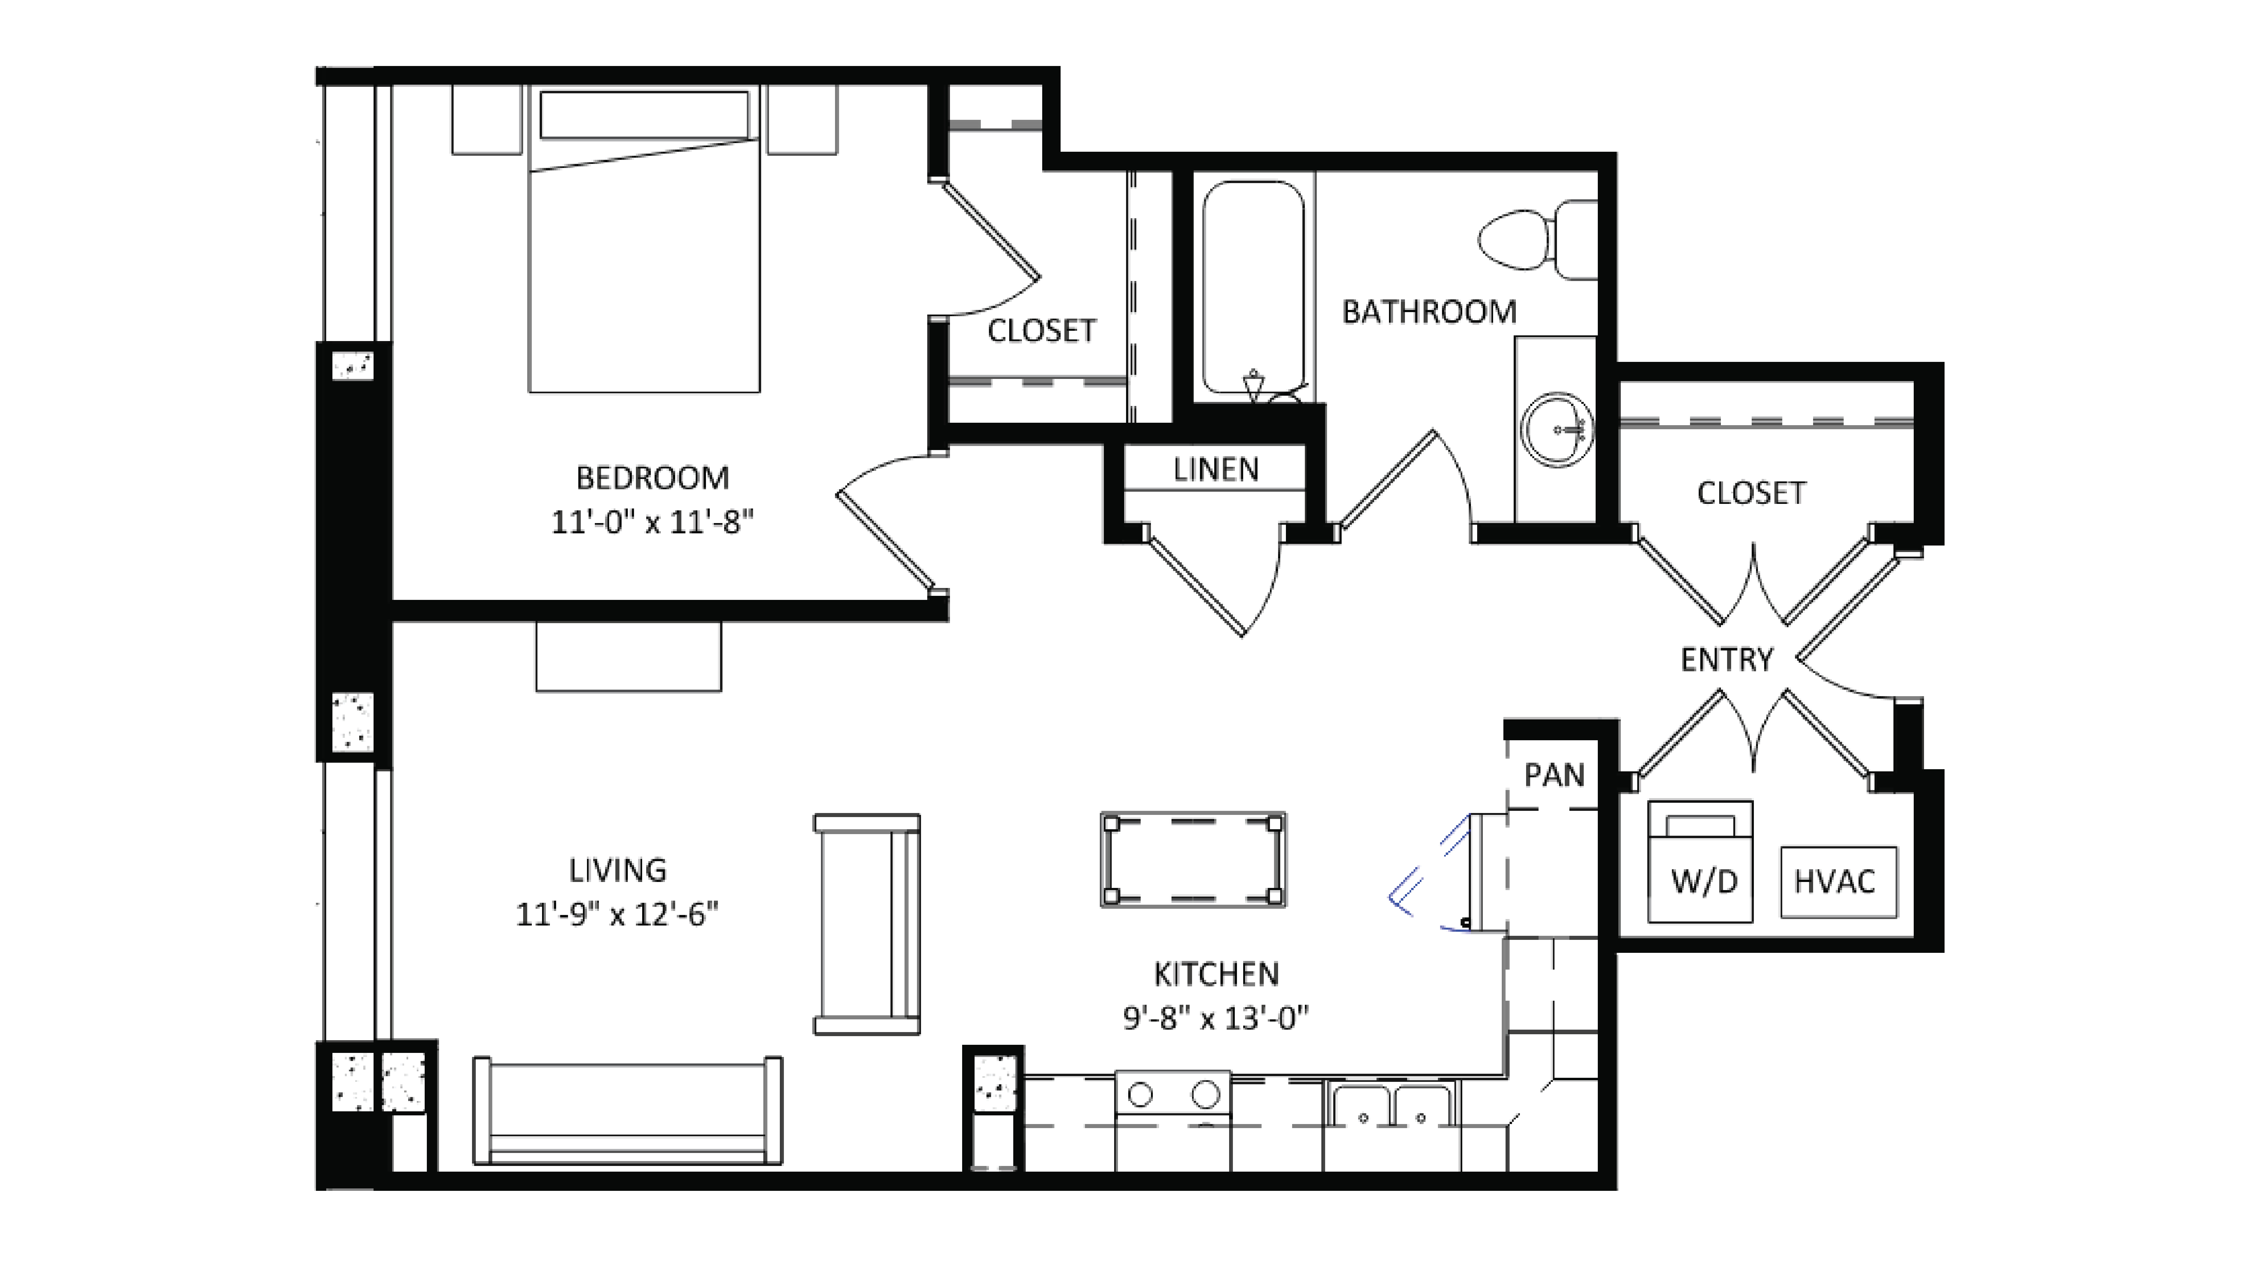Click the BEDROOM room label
pyautogui.click(x=652, y=478)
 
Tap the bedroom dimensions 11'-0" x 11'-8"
pyautogui.click(x=652, y=523)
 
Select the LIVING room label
pyautogui.click(x=618, y=870)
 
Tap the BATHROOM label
pyautogui.click(x=1429, y=312)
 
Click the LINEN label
pyautogui.click(x=1215, y=470)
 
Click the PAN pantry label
pyautogui.click(x=1554, y=775)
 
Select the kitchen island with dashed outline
pyautogui.click(x=1193, y=860)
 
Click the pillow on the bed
pyautogui.click(x=644, y=115)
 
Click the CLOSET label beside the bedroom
pyautogui.click(x=1041, y=331)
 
